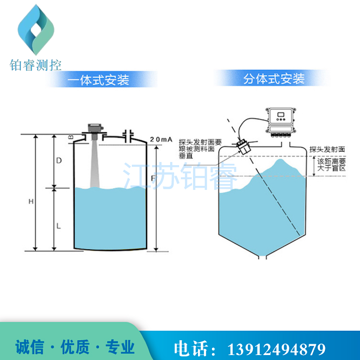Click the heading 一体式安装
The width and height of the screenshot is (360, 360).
[99, 80]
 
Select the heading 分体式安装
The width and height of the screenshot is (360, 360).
[274, 79]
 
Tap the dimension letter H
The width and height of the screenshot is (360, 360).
[30, 202]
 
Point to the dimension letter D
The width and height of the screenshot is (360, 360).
[58, 161]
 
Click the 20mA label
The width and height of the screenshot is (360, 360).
[161, 139]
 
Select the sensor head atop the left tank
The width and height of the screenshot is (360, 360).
[94, 129]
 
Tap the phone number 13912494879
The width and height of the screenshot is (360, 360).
[278, 348]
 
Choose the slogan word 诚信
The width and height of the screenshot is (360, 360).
[30, 347]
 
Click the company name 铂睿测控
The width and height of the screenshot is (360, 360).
[36, 65]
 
